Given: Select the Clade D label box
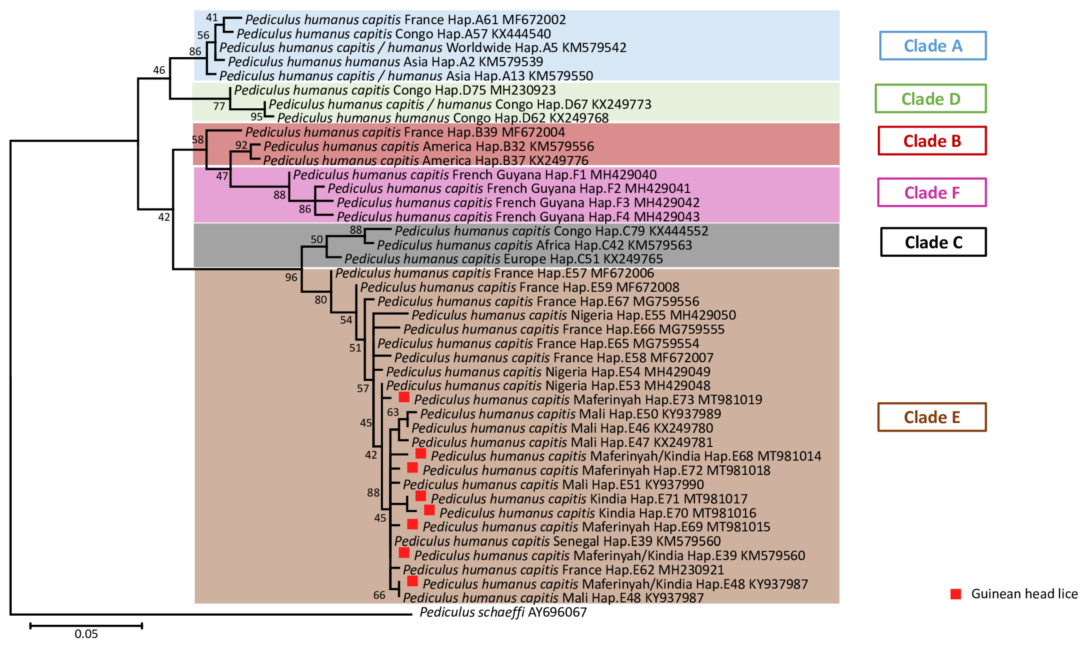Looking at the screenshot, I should [x=930, y=99].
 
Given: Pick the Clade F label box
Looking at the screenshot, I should [x=931, y=192].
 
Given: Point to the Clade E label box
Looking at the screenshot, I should [x=931, y=417].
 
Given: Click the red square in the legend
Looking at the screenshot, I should [x=955, y=594].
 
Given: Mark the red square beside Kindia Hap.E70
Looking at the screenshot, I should [x=429, y=510].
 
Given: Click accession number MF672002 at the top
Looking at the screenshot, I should [x=534, y=20].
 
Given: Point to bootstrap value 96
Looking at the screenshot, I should [x=291, y=277].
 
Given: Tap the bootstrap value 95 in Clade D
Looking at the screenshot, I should [x=256, y=117].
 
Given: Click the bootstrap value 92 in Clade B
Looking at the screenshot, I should [x=241, y=145].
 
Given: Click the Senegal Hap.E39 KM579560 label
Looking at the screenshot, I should [x=557, y=541].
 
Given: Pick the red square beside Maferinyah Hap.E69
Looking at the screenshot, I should [x=412, y=524].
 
